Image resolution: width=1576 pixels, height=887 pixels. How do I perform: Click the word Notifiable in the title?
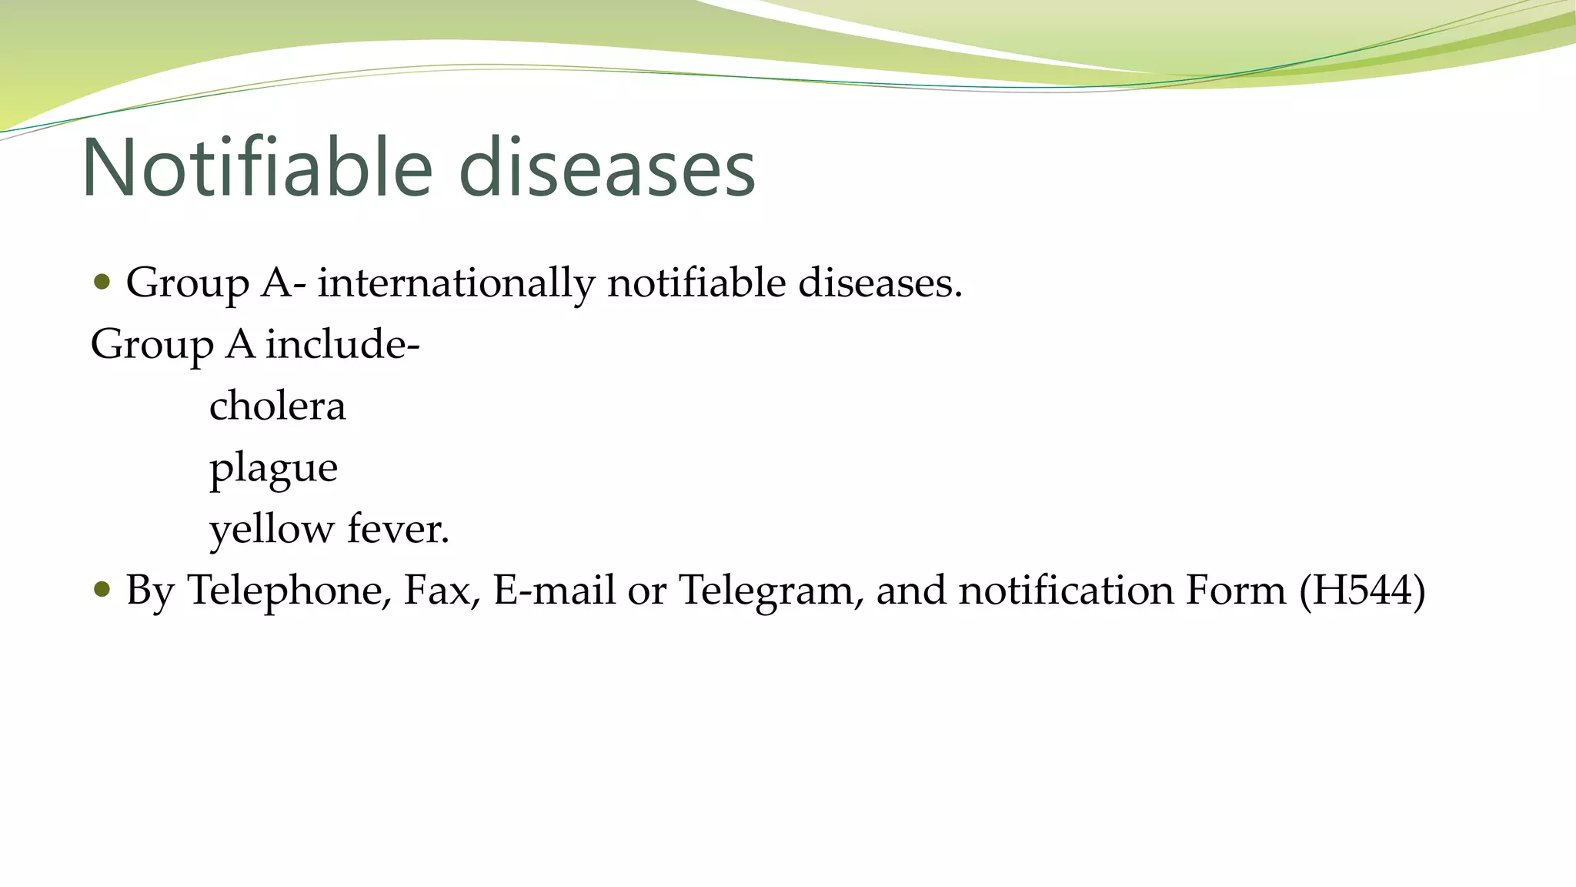(257, 168)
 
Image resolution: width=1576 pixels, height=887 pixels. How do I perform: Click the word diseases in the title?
(607, 168)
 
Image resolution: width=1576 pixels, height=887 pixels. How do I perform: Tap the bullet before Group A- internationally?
(101, 282)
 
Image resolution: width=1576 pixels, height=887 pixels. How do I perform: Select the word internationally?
(456, 283)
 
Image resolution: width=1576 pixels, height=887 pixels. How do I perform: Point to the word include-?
(343, 344)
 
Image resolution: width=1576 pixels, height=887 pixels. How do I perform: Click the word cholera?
(277, 406)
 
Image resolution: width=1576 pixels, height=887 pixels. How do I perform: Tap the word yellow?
(272, 530)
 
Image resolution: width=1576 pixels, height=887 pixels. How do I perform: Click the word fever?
(398, 529)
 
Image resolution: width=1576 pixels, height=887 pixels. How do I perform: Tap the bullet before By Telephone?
(101, 590)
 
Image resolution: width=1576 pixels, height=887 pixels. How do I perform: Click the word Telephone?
(289, 591)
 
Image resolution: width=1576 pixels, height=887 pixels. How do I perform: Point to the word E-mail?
(554, 591)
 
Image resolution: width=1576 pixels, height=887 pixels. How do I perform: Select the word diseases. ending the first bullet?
(880, 283)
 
